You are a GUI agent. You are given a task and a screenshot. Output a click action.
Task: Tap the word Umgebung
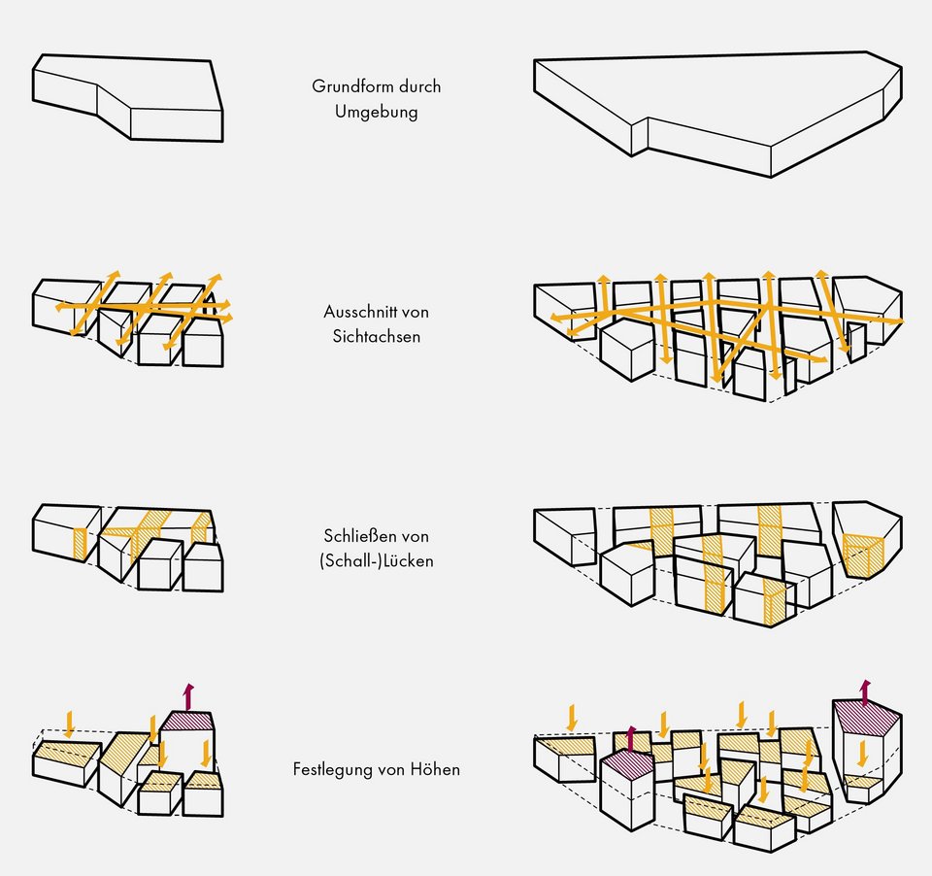[377, 112]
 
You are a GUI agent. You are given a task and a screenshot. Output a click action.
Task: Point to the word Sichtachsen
[377, 338]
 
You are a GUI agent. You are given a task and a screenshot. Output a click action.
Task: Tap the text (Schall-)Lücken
[377, 561]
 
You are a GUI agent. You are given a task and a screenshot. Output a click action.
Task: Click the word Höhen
[436, 769]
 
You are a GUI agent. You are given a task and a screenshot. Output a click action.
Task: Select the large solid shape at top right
[718, 107]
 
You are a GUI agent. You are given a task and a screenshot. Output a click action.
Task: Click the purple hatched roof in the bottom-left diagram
[187, 721]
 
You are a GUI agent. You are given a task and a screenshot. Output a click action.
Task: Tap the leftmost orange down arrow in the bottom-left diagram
[69, 723]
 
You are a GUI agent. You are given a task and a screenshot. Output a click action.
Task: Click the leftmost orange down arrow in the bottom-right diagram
[571, 717]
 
